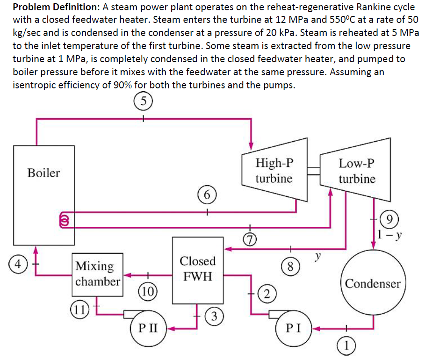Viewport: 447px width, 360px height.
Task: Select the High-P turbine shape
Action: coord(274,170)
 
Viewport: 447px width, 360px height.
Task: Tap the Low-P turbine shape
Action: coord(356,170)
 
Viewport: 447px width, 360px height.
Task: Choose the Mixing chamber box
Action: coord(98,274)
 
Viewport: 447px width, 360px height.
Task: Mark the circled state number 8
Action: coord(290,267)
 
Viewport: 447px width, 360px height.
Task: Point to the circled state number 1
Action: coord(347,346)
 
